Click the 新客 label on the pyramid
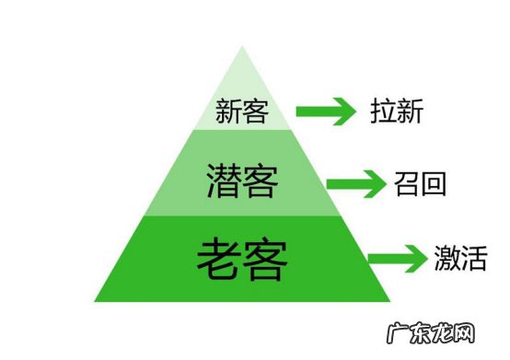click(x=241, y=112)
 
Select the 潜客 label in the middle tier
click(x=241, y=180)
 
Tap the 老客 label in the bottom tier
click(x=241, y=260)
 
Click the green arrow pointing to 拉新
click(x=325, y=113)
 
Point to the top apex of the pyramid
click(x=242, y=46)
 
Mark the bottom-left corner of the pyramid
click(x=95, y=301)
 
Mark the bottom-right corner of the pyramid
click(x=389, y=301)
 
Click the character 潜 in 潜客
click(x=223, y=180)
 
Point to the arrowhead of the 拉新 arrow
click(x=344, y=113)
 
